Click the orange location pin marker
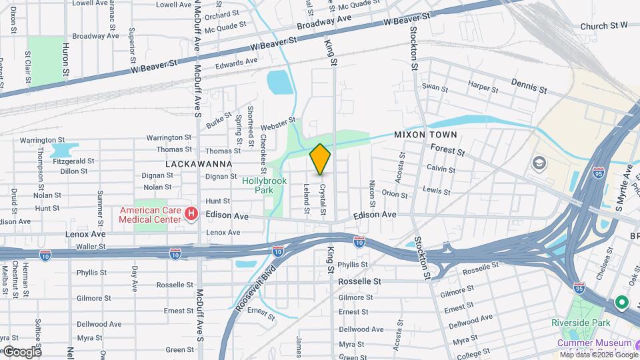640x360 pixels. coord(320,159)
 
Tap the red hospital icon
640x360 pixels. coord(191,213)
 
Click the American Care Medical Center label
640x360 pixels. coord(150,214)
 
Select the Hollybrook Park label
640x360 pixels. coord(259,185)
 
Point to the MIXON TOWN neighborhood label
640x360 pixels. coord(425,134)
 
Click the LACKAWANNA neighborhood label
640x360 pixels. coord(199,163)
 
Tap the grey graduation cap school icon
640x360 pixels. coord(539,163)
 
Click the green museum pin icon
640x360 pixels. coord(621,303)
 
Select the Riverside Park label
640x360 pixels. coord(581,323)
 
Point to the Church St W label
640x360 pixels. coord(604,26)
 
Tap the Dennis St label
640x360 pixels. coord(529,85)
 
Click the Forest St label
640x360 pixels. coord(452,151)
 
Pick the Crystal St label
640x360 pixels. coord(323,199)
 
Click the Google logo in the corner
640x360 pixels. coord(21,351)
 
